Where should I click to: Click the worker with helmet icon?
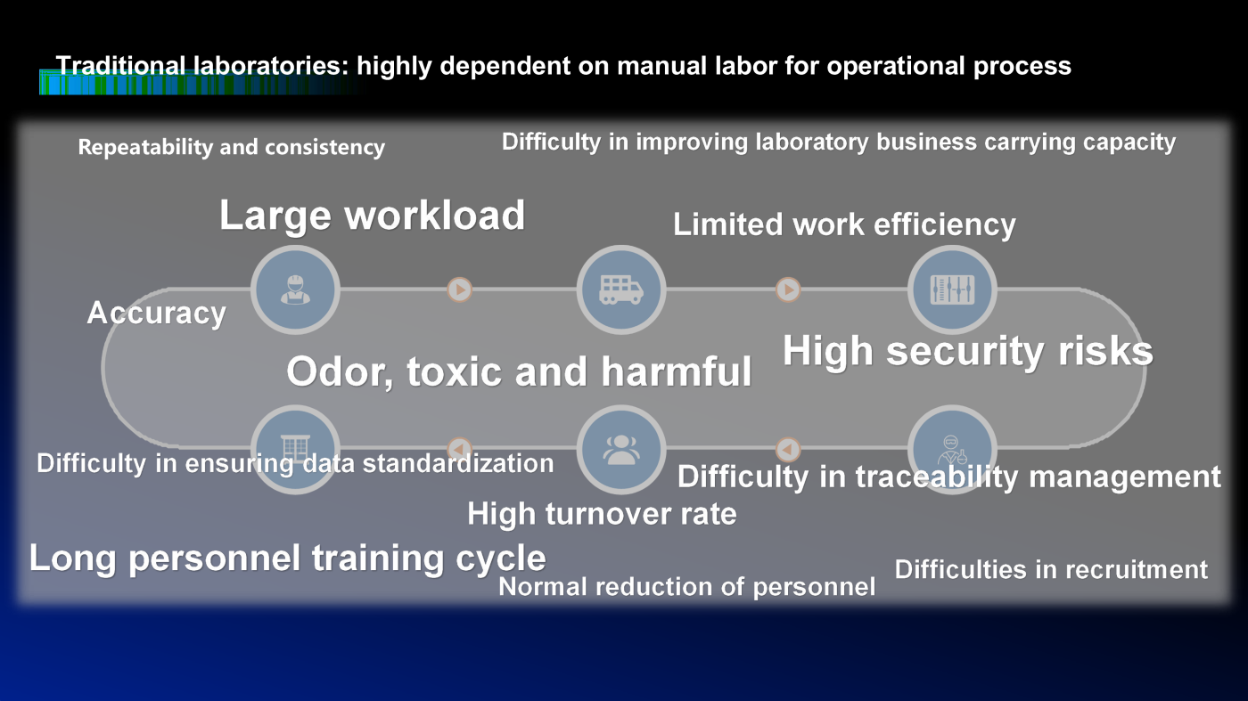click(295, 289)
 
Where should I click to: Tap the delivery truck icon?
click(621, 289)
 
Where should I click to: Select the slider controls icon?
click(952, 289)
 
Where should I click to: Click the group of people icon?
click(621, 449)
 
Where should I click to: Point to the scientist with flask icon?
click(952, 450)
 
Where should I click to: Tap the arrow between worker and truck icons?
click(460, 289)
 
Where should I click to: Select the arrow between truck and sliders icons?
click(788, 289)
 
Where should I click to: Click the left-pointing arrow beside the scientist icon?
click(788, 449)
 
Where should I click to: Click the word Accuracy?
click(157, 313)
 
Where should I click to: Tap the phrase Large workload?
click(373, 216)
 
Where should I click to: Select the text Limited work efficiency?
click(845, 225)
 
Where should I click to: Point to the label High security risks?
click(968, 351)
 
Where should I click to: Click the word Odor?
click(339, 372)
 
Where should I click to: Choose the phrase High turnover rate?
click(602, 513)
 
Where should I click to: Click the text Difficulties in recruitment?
click(1051, 569)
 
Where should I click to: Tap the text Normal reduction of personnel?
click(687, 587)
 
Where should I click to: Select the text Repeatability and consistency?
click(231, 148)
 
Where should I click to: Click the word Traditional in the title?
click(120, 66)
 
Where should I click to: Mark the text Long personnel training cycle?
click(287, 558)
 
